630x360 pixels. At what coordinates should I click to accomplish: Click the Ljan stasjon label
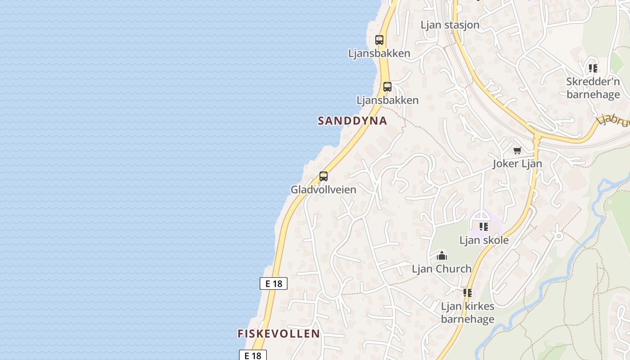pos(450,25)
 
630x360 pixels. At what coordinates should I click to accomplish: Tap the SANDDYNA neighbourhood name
pos(352,121)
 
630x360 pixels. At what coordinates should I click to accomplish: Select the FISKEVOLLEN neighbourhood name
pos(279,333)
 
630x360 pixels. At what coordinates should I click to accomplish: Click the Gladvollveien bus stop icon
pos(323,176)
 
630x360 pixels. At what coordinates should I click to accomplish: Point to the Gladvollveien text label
pos(323,189)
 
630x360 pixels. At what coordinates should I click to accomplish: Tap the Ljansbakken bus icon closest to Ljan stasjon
pos(379,40)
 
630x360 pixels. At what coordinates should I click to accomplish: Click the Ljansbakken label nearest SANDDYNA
pos(387,100)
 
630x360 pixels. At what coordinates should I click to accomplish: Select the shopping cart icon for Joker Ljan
pos(517,150)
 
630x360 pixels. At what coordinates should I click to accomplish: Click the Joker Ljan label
pos(517,163)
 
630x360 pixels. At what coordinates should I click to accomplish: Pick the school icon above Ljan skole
pos(484,226)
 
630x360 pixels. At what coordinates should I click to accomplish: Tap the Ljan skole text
pos(484,240)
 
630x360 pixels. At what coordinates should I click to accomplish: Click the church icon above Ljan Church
pos(442,256)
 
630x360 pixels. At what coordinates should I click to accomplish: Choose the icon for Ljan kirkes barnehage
pos(467,293)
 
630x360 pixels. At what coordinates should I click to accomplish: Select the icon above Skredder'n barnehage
pos(593,68)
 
